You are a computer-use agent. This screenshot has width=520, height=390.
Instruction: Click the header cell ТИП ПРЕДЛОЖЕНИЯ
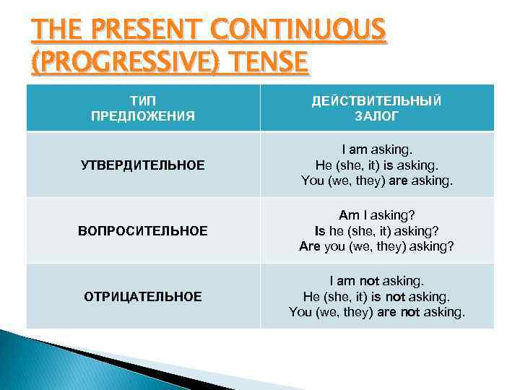point(143,108)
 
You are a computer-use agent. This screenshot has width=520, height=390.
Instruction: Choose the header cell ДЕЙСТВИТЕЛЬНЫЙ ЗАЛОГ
point(377,108)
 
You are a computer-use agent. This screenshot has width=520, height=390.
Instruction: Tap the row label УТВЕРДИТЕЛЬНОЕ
point(143,165)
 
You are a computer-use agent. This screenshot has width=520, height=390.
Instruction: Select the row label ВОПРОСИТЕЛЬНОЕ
point(143,231)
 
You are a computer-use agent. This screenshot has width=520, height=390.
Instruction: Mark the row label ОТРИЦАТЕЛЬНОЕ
point(143,296)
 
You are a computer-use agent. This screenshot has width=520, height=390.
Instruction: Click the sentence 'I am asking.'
point(377,149)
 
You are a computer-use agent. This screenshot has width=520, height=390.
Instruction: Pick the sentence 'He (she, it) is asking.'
point(377,165)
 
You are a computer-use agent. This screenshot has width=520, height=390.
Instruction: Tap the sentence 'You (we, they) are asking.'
point(377,181)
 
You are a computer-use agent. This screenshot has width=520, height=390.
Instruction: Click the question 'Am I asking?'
point(377,215)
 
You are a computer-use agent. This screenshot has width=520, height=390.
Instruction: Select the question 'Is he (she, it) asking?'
point(377,230)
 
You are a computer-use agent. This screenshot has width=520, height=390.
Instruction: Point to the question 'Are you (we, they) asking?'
point(377,246)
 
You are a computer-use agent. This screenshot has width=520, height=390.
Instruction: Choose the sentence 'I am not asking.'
point(377,280)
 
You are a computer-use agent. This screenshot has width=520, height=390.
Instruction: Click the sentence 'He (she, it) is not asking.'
point(377,296)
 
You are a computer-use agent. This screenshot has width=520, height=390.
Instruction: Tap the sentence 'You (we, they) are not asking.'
point(377,312)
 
